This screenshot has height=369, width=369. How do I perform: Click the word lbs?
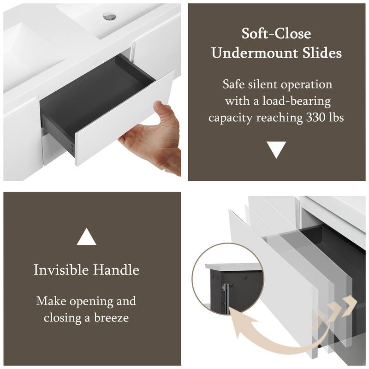(x=337, y=118)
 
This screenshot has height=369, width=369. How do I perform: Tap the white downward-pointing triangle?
(x=277, y=149)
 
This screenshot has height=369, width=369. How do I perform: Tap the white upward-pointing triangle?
(x=86, y=237)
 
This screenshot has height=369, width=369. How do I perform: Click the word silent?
(x=265, y=84)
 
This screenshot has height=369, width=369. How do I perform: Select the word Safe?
(x=235, y=84)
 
